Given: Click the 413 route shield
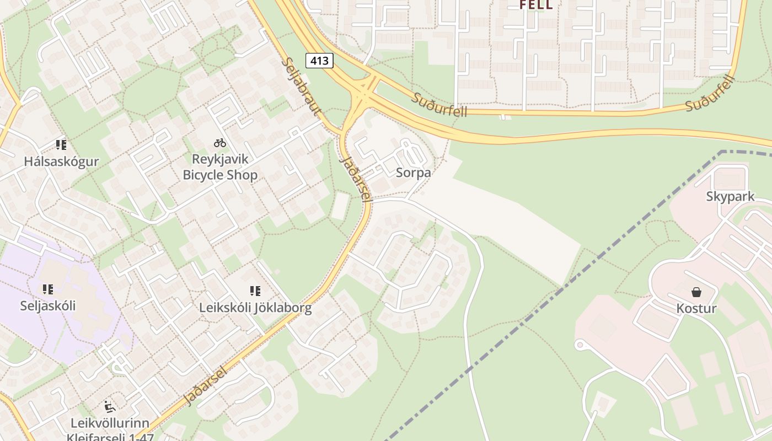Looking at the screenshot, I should click(319, 61).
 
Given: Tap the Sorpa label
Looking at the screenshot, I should click(413, 173).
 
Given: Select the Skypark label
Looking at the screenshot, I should click(730, 197).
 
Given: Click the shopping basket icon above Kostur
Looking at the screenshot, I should click(696, 292).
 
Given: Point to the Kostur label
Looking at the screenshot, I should click(696, 308).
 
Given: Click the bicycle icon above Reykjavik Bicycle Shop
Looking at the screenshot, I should click(220, 143).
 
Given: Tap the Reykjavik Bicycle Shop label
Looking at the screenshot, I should click(220, 167).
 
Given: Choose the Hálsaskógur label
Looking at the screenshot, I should click(61, 162).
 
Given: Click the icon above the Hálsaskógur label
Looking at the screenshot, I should click(61, 145).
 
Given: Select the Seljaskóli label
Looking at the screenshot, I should click(48, 305).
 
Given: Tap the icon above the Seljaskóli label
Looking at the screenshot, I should click(47, 289).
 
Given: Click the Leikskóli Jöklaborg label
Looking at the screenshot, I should click(255, 308).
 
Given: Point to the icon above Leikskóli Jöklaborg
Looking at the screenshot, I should click(255, 291).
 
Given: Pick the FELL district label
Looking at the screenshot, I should click(536, 5).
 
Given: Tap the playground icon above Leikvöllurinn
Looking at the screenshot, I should click(110, 407).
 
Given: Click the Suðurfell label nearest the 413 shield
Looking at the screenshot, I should click(439, 105).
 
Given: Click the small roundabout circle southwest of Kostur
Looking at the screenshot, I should click(579, 345).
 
